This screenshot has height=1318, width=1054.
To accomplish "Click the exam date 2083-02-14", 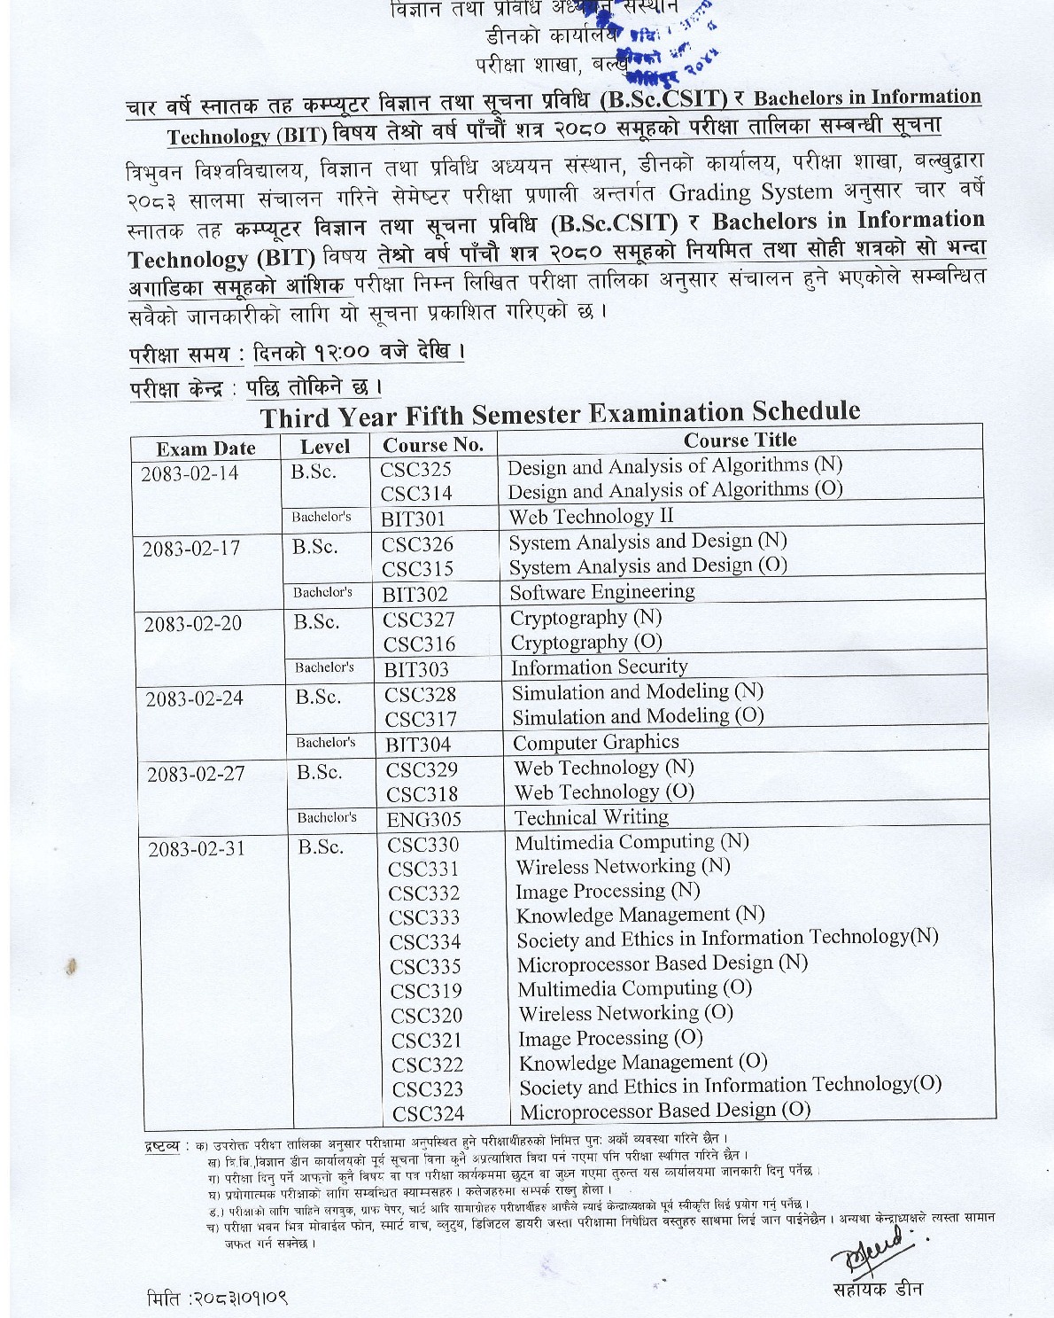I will [x=190, y=473].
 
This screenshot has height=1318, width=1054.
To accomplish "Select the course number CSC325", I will [x=415, y=470].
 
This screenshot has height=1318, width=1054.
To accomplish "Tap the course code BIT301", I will [x=413, y=519].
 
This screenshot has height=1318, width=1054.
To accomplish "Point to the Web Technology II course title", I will [x=591, y=516].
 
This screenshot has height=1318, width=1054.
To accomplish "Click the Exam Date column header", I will [x=205, y=448].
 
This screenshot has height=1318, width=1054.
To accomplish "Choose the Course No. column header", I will [x=432, y=445].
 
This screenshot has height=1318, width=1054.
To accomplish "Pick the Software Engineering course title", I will [x=602, y=591].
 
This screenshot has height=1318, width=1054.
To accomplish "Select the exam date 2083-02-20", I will [x=192, y=623].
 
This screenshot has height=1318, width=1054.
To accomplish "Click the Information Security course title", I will [x=599, y=667].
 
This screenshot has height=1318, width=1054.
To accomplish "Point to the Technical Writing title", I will [x=592, y=816].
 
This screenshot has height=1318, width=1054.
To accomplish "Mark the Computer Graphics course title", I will [x=596, y=742].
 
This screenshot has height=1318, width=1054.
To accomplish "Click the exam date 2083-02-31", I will [x=196, y=849].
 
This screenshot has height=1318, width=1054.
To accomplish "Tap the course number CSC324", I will [x=428, y=1113].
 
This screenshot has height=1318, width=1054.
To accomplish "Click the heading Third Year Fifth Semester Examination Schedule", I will [x=559, y=414].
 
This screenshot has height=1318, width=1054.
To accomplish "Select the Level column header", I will [x=325, y=447].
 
